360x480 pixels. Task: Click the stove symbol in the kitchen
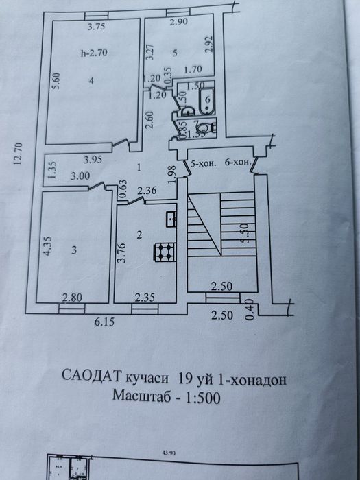tap(164, 252)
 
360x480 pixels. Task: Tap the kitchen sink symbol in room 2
tap(171, 219)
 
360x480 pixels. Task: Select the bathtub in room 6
tap(204, 105)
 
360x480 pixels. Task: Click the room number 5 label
tap(176, 53)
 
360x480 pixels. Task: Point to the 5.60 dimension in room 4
tap(58, 82)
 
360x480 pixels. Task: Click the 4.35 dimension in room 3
tap(47, 245)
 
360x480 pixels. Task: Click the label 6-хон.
tap(237, 165)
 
